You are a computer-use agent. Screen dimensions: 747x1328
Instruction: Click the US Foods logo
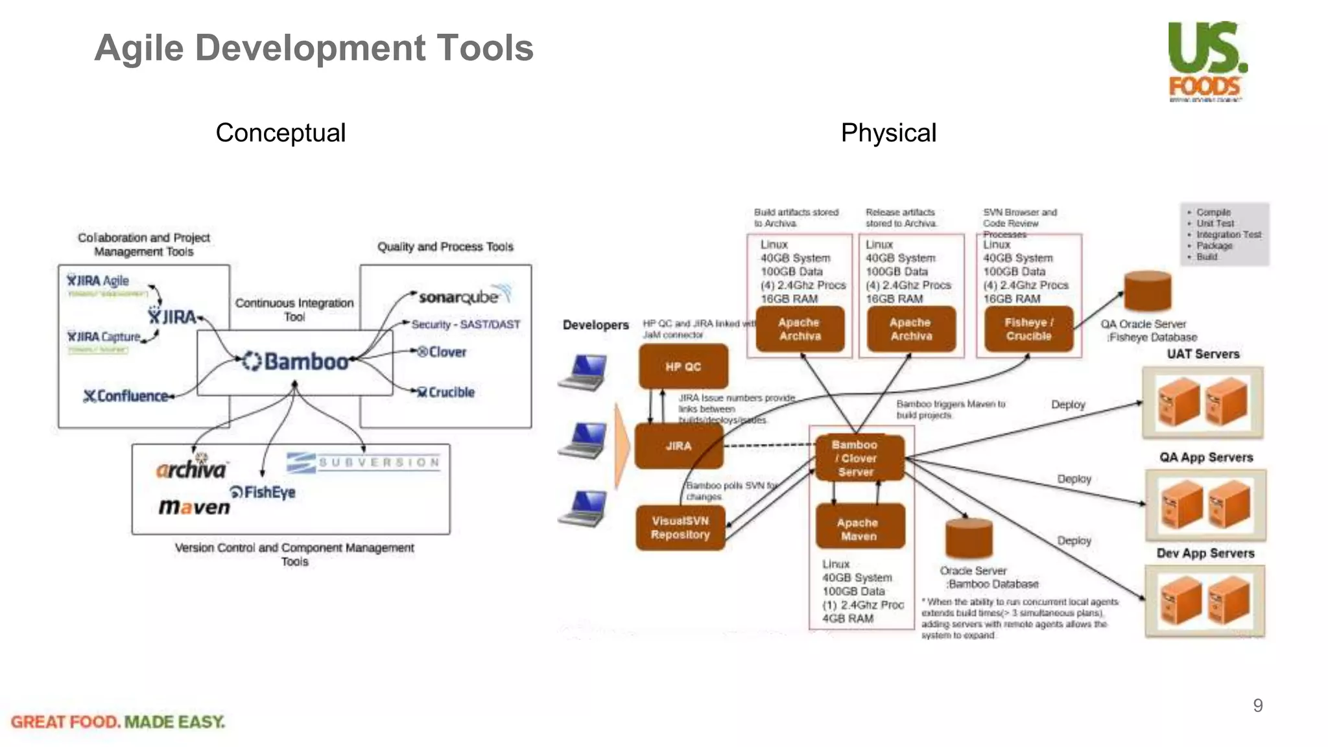click(x=1207, y=60)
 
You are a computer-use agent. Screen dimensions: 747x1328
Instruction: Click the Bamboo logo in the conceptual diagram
click(x=296, y=361)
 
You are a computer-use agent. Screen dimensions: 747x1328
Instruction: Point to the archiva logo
click(x=191, y=468)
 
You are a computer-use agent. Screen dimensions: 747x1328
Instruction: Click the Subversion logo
click(x=364, y=462)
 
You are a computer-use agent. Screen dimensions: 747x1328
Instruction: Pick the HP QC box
click(x=683, y=366)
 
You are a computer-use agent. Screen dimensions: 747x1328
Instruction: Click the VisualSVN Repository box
click(x=680, y=528)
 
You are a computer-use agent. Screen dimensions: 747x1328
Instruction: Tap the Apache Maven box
click(x=859, y=529)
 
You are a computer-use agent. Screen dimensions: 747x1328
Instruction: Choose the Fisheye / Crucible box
click(x=1028, y=329)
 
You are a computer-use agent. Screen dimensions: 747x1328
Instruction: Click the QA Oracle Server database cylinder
click(x=1147, y=291)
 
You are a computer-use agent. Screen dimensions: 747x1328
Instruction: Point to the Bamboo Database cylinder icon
click(x=969, y=538)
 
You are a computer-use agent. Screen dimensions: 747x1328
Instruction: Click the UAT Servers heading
click(x=1203, y=354)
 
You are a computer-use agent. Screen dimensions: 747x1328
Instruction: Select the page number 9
click(x=1257, y=705)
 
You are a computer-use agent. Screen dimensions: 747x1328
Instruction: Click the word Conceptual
click(x=280, y=133)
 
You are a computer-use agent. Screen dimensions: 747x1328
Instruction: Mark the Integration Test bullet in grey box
click(x=1228, y=234)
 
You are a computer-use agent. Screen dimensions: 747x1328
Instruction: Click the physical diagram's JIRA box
click(x=678, y=446)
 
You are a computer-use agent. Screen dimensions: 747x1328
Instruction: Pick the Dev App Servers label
click(x=1205, y=553)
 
